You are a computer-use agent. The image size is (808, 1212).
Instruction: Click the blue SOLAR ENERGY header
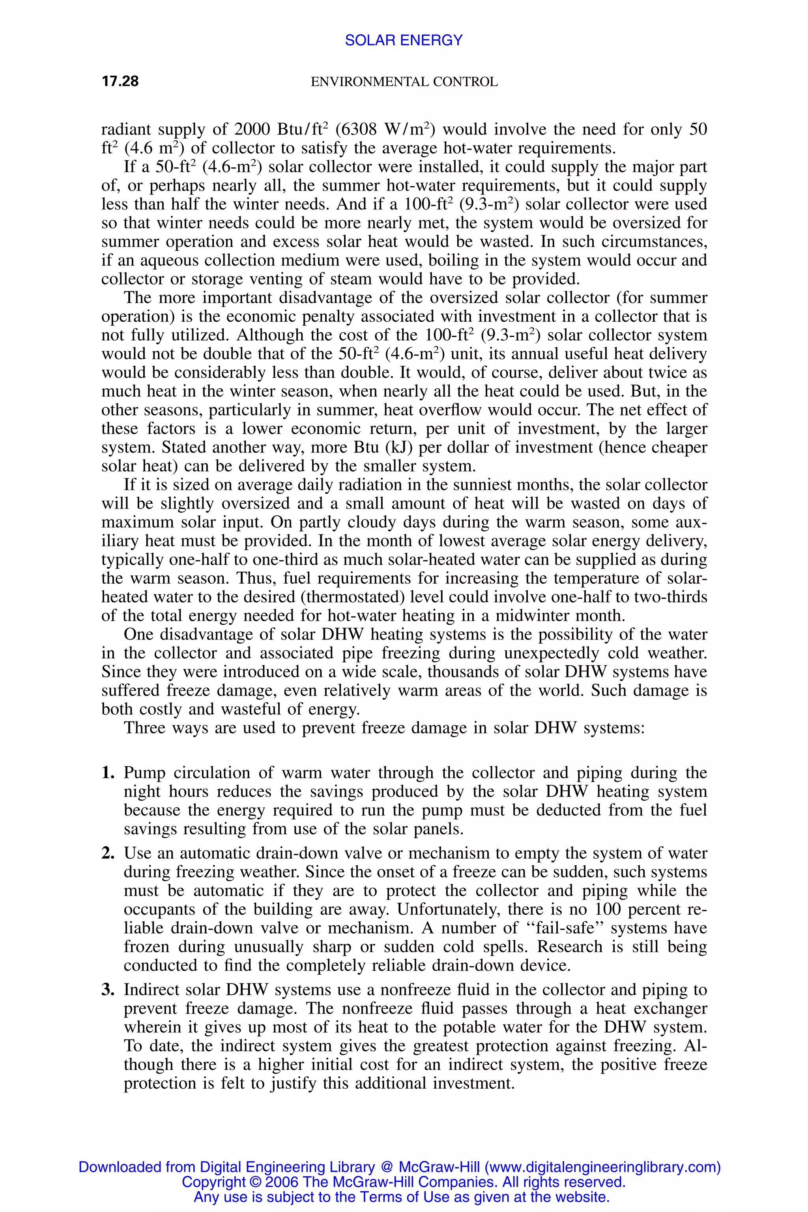[404, 40]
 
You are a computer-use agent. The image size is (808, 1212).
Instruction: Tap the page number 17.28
[120, 81]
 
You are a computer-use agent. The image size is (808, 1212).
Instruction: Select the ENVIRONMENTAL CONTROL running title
[404, 82]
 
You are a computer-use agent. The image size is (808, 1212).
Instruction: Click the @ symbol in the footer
[387, 1167]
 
